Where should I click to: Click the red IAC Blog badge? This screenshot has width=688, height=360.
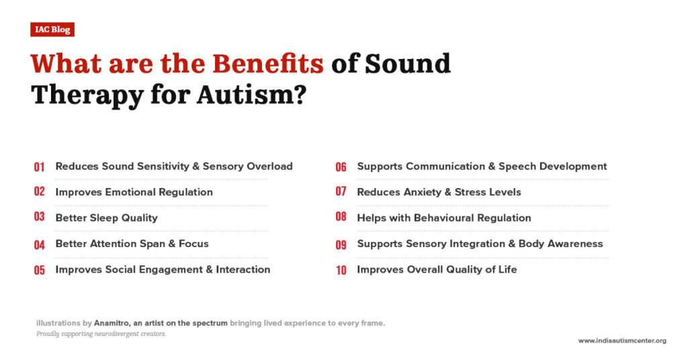pyautogui.click(x=52, y=30)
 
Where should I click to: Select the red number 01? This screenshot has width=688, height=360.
pyautogui.click(x=39, y=167)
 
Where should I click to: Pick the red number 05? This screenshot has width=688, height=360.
pyautogui.click(x=39, y=271)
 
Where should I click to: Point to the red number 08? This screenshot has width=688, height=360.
pyautogui.click(x=341, y=218)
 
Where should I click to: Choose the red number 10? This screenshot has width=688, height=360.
pyautogui.click(x=341, y=271)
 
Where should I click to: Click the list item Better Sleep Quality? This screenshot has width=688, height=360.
pyautogui.click(x=106, y=218)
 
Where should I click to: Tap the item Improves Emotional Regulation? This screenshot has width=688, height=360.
pyautogui.click(x=134, y=192)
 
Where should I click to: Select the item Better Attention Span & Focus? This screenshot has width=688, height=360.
pyautogui.click(x=132, y=244)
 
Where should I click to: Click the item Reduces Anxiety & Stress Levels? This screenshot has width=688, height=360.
pyautogui.click(x=439, y=192)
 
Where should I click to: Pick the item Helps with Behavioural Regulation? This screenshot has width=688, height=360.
pyautogui.click(x=443, y=218)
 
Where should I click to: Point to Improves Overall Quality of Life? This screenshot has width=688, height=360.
pyautogui.click(x=437, y=270)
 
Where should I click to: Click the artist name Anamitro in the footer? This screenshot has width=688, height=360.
pyautogui.click(x=108, y=323)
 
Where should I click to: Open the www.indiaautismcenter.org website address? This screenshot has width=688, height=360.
pyautogui.click(x=622, y=341)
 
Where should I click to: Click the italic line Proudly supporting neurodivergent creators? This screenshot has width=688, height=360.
pyautogui.click(x=101, y=334)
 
